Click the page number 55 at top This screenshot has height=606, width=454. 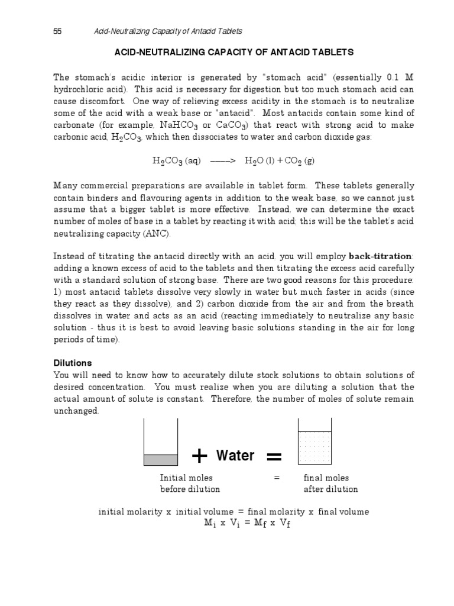(x=58, y=31)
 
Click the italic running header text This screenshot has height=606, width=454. (x=168, y=31)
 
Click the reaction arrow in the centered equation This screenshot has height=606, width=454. (x=223, y=160)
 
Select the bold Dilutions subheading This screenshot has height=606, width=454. (x=73, y=363)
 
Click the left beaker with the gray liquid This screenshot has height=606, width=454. (x=161, y=443)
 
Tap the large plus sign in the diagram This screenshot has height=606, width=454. (x=200, y=456)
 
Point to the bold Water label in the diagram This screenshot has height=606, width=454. (x=235, y=455)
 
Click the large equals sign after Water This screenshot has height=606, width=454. (x=274, y=456)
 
